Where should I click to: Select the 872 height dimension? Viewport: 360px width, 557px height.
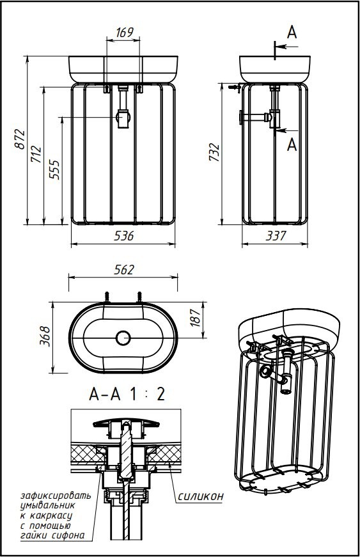tap(20, 140)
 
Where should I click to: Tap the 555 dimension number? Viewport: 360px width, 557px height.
tap(54, 170)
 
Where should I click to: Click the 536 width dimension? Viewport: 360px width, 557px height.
tap(124, 235)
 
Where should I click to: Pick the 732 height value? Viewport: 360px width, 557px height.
tap(214, 152)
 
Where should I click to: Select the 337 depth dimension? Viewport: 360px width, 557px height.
tap(276, 235)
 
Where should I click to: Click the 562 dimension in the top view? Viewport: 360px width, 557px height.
tap(124, 270)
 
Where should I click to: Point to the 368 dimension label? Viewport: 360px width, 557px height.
tap(45, 336)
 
